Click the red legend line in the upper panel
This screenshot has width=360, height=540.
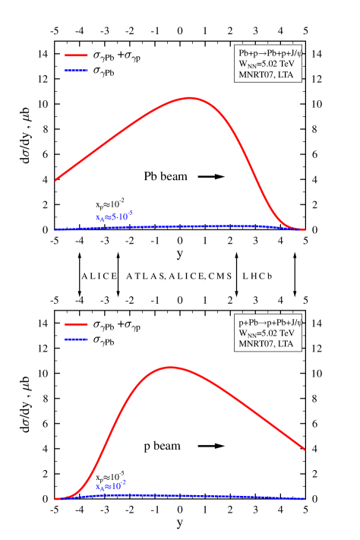click(x=76, y=55)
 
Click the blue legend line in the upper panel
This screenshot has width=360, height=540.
click(x=76, y=71)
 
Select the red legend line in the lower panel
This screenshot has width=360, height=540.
click(x=76, y=324)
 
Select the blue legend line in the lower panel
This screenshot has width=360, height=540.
click(x=76, y=339)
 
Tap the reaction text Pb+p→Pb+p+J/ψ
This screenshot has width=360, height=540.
click(x=270, y=53)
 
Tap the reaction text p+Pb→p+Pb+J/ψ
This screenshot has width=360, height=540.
click(x=270, y=322)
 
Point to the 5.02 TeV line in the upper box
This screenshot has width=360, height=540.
click(x=267, y=64)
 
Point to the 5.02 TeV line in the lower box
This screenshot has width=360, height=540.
click(x=267, y=333)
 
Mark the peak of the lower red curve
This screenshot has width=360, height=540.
click(x=169, y=368)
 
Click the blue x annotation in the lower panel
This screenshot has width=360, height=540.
click(x=111, y=485)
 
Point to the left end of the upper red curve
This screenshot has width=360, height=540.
click(x=55, y=180)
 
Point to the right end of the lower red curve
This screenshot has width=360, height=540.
click(x=305, y=449)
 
